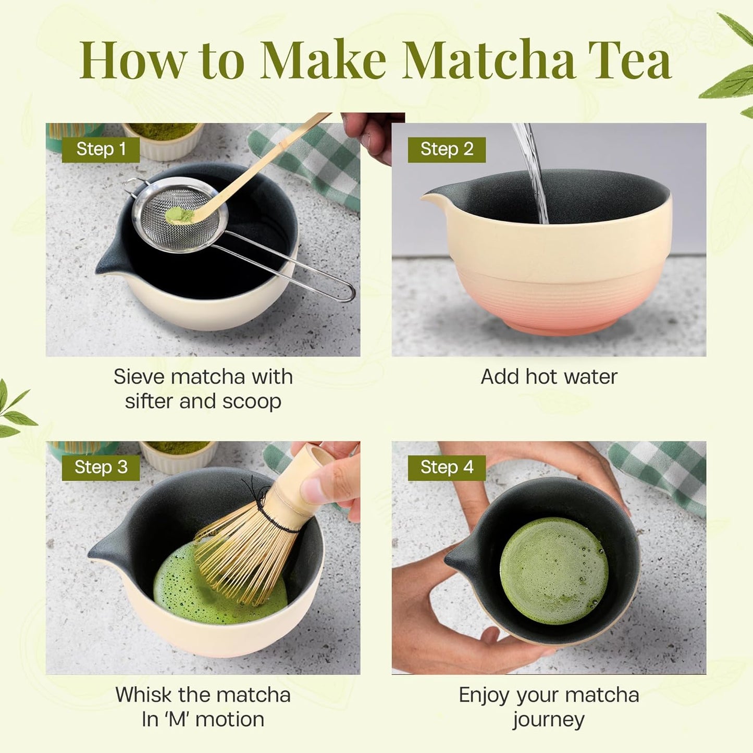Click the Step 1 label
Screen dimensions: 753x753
101,150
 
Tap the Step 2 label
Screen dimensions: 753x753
447,150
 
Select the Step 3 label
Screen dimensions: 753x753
101,467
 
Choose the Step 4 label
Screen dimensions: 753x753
447,467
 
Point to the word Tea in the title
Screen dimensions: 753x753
629,60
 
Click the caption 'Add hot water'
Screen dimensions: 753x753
549,377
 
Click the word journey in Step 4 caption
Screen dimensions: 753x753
549,720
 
